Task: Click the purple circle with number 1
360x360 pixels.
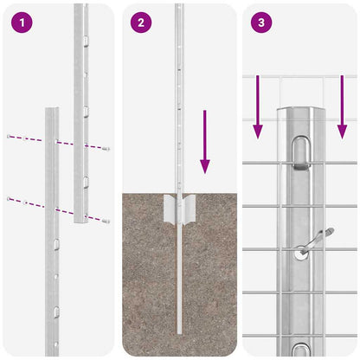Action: [x=20, y=23]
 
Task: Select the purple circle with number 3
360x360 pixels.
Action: [x=260, y=23]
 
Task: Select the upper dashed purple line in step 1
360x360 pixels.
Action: [x=57, y=142]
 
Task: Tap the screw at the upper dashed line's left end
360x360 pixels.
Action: [x=9, y=136]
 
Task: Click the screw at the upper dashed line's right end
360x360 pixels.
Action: [x=106, y=149]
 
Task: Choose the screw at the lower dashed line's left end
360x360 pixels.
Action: [x=9, y=199]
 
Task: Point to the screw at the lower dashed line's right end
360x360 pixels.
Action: [x=106, y=222]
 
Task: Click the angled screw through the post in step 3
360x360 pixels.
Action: [x=313, y=241]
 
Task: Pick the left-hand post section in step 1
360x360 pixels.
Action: [x=52, y=242]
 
